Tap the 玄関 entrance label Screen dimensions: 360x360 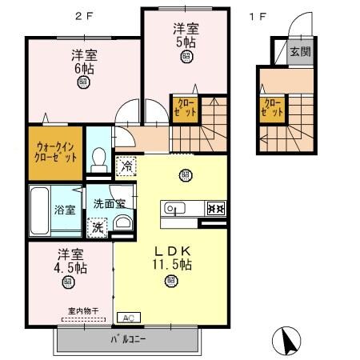[301, 52]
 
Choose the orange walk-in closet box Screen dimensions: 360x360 [55, 152]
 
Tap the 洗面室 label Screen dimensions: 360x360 [110, 203]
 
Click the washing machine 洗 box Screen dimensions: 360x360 [97, 226]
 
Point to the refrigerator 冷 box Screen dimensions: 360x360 [126, 166]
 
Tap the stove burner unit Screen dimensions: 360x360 [214, 209]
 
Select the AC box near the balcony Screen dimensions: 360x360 [128, 317]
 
